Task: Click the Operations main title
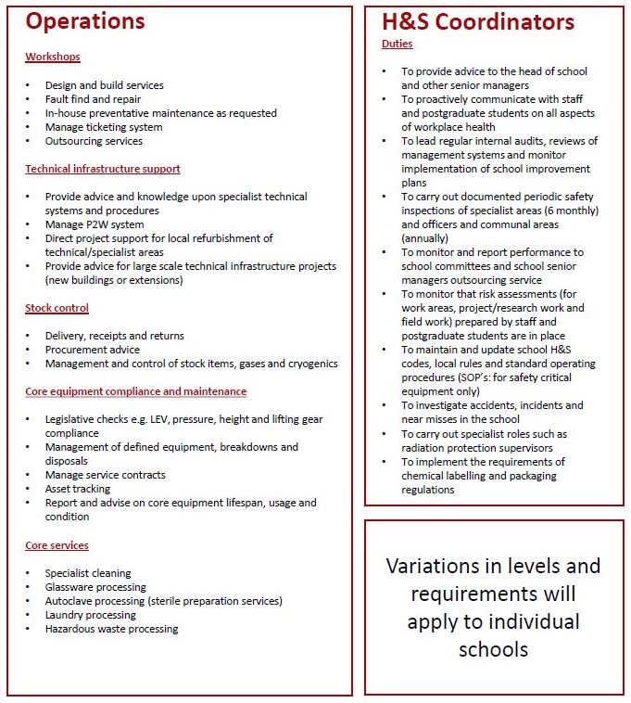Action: tap(85, 22)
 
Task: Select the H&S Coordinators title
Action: tap(477, 22)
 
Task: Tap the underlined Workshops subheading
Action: tap(52, 58)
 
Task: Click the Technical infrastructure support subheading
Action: tap(102, 169)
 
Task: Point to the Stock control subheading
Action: tap(57, 308)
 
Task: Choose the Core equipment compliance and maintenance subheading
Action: tap(135, 392)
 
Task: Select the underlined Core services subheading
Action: tap(57, 545)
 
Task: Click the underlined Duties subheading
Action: tap(397, 44)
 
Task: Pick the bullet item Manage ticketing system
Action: tap(103, 127)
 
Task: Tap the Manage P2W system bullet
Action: tap(95, 224)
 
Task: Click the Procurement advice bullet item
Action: tap(93, 350)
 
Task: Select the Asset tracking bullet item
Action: tap(78, 489)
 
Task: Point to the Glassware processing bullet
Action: tap(95, 587)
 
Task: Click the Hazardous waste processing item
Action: tap(111, 629)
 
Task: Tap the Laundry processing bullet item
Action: tap(91, 615)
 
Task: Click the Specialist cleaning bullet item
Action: tap(88, 573)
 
